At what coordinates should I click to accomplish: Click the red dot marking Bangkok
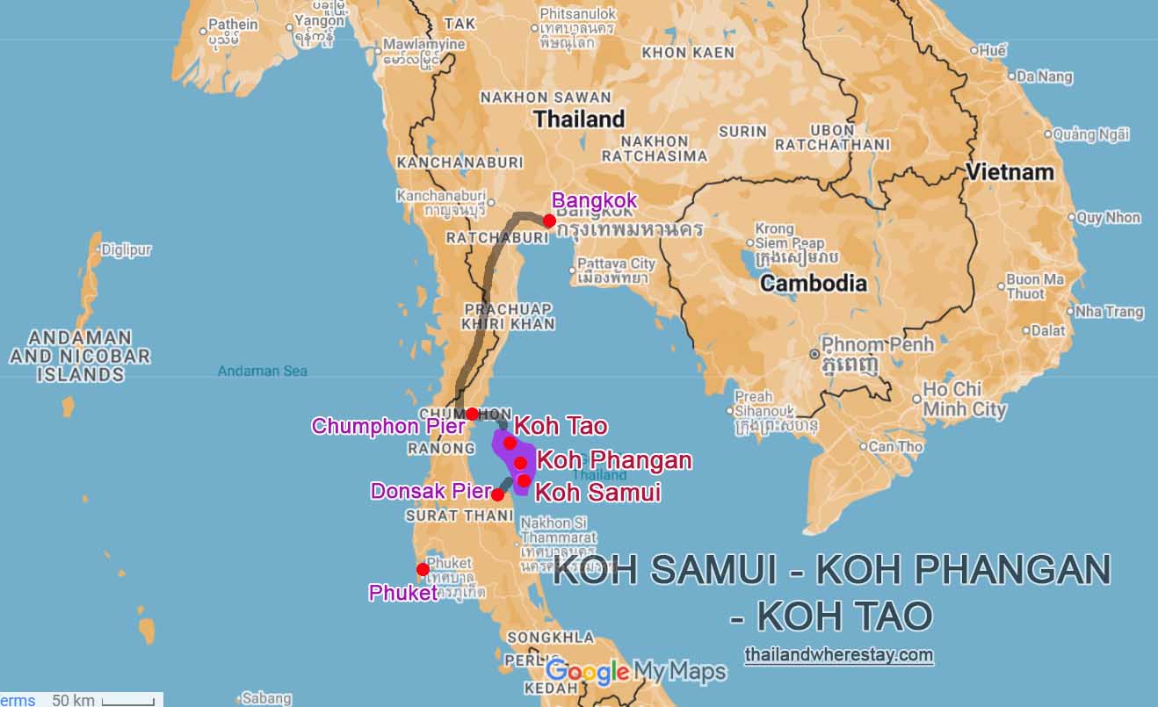549,220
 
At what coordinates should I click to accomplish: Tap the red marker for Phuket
423,569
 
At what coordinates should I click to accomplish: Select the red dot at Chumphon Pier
472,414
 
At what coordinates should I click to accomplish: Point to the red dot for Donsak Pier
497,494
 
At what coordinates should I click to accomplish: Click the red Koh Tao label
561,427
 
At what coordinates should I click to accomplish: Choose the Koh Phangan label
614,460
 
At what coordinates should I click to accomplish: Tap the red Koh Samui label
597,492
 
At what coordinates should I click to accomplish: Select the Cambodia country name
814,283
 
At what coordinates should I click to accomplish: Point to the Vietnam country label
1010,172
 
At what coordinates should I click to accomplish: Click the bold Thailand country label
579,119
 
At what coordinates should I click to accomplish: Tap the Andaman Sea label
263,372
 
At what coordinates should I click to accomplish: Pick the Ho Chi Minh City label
964,399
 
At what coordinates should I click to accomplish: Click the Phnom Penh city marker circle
814,354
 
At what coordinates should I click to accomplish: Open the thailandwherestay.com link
838,654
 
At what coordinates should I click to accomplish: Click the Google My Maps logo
636,672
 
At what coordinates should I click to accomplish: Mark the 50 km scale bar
128,700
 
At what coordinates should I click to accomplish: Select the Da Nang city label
1044,76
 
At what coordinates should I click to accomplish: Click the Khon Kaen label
688,53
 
